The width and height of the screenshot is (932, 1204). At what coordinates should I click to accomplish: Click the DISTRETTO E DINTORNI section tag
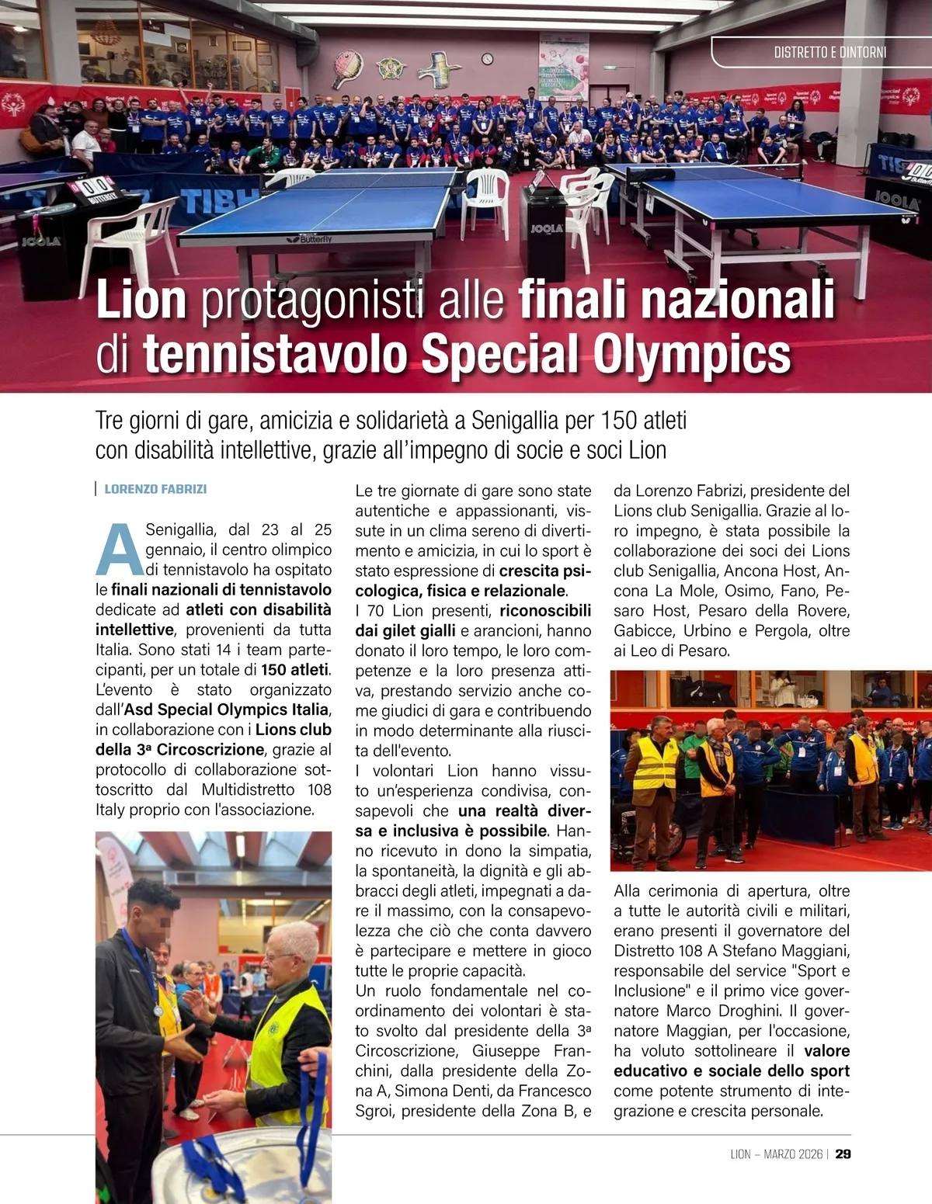[x=829, y=53]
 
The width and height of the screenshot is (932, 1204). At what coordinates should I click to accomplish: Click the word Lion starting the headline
[x=141, y=300]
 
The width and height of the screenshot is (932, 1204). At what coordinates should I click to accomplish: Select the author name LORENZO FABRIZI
[x=155, y=489]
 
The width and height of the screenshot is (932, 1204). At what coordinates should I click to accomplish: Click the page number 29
[x=843, y=1154]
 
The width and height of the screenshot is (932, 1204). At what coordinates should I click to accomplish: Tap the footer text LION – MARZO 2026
[x=776, y=1154]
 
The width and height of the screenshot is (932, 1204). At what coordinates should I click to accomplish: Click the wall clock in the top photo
[x=487, y=59]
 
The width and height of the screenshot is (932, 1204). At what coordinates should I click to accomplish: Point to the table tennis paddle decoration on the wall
[x=347, y=69]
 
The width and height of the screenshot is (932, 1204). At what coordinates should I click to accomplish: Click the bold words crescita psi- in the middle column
[x=545, y=571]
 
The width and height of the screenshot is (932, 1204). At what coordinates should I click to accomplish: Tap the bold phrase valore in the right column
[x=826, y=1051]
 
